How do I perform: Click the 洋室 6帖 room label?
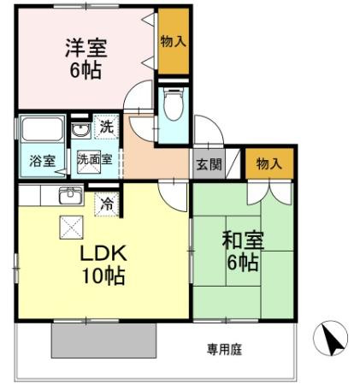(x=86, y=58)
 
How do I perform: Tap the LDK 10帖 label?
(x=103, y=265)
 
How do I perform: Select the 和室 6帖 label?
(x=243, y=252)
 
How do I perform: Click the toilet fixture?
(x=174, y=104)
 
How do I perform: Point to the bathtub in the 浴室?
(x=42, y=129)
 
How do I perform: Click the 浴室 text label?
(x=43, y=162)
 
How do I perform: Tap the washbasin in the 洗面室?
(x=81, y=131)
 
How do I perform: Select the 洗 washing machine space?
(x=106, y=127)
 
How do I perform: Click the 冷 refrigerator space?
(x=107, y=204)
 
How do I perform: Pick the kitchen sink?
(x=71, y=196)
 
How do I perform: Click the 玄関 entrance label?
(x=209, y=164)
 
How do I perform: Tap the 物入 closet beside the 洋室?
(x=174, y=42)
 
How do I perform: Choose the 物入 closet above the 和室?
(x=269, y=164)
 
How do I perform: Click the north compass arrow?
(x=332, y=339)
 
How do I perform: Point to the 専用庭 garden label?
(x=225, y=349)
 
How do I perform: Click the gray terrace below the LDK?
(x=103, y=341)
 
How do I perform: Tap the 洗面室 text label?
(x=95, y=160)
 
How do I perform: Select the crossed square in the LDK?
(x=71, y=228)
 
